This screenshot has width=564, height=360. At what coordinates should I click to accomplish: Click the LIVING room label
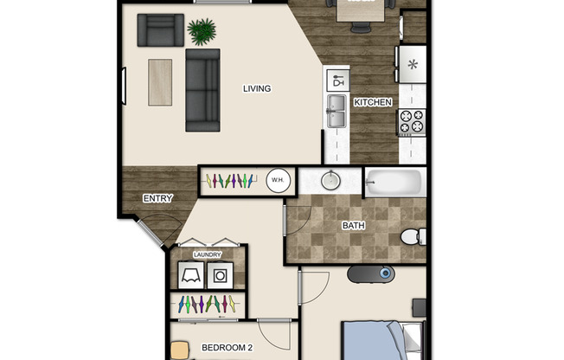257,88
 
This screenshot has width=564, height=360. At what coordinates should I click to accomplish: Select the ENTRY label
157,198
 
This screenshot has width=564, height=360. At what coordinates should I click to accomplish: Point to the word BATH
354,226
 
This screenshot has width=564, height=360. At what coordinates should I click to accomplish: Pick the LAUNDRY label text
208,254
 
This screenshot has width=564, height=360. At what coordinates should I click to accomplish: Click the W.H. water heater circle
278,181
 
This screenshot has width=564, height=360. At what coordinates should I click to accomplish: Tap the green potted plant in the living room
202,33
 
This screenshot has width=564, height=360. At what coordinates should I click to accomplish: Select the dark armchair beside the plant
161,30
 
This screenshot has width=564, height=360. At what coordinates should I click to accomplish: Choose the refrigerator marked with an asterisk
412,64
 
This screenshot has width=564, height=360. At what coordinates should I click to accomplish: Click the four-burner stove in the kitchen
411,121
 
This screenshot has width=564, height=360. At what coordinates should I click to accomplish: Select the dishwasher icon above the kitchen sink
336,81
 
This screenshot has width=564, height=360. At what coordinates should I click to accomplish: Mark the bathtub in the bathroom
394,183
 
